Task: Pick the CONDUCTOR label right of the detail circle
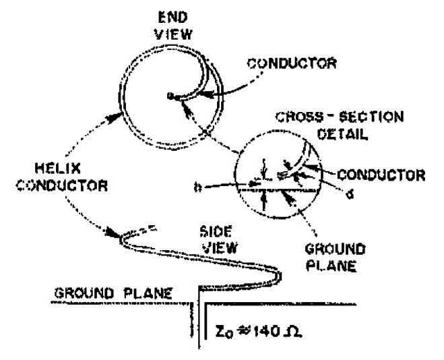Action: (381, 175)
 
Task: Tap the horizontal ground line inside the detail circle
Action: (276, 191)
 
